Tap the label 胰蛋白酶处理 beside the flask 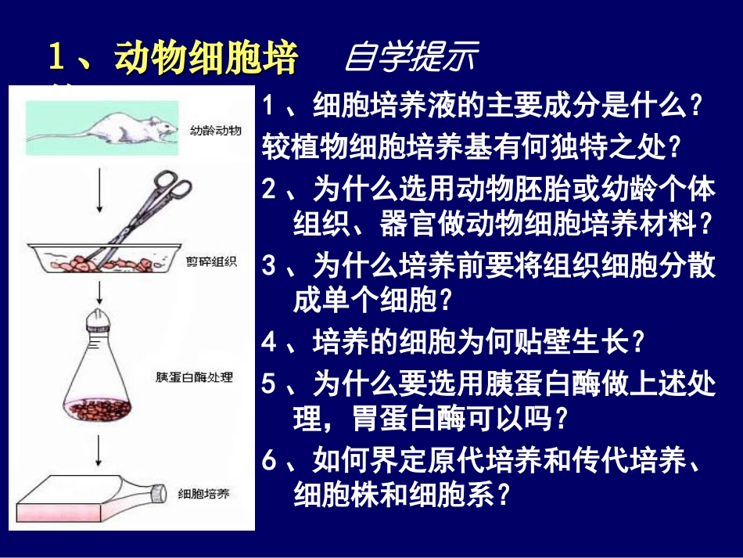pyautogui.click(x=194, y=378)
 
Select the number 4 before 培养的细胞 pyautogui.click(x=271, y=342)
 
